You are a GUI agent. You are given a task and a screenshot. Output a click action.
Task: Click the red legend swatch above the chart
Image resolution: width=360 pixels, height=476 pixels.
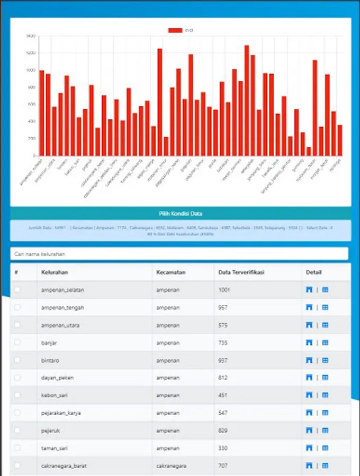tap(175, 30)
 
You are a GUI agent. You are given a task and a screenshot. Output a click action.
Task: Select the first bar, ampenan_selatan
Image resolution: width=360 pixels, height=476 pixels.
tap(42, 113)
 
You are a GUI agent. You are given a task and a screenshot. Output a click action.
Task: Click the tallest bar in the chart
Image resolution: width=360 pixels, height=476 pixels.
tap(247, 100)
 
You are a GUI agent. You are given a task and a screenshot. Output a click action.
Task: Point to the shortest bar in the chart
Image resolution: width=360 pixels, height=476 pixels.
tap(309, 151)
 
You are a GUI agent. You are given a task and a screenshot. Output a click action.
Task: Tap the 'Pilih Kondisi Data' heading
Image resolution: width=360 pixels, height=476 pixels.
tap(180, 214)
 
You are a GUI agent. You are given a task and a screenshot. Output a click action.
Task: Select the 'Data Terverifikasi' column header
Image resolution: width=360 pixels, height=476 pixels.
tap(241, 272)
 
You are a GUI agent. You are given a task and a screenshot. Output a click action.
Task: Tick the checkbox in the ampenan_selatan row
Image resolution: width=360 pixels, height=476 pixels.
tap(17, 290)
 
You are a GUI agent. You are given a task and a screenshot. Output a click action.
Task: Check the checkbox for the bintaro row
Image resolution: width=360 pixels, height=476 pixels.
tap(17, 360)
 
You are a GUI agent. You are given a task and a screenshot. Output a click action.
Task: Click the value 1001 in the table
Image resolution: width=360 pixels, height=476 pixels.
tap(224, 290)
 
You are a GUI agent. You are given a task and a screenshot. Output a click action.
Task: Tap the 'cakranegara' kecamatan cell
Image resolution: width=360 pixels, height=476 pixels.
tap(172, 466)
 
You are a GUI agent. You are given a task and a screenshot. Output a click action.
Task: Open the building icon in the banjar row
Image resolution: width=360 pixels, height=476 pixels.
tap(309, 343)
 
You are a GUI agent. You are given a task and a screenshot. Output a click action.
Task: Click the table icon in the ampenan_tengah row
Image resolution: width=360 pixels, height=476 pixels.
tap(325, 307)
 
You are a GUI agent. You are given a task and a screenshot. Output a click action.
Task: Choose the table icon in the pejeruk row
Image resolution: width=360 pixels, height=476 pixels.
tap(325, 431)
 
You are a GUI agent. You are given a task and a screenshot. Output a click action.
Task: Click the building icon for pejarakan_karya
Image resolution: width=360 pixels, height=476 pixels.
tap(309, 413)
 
